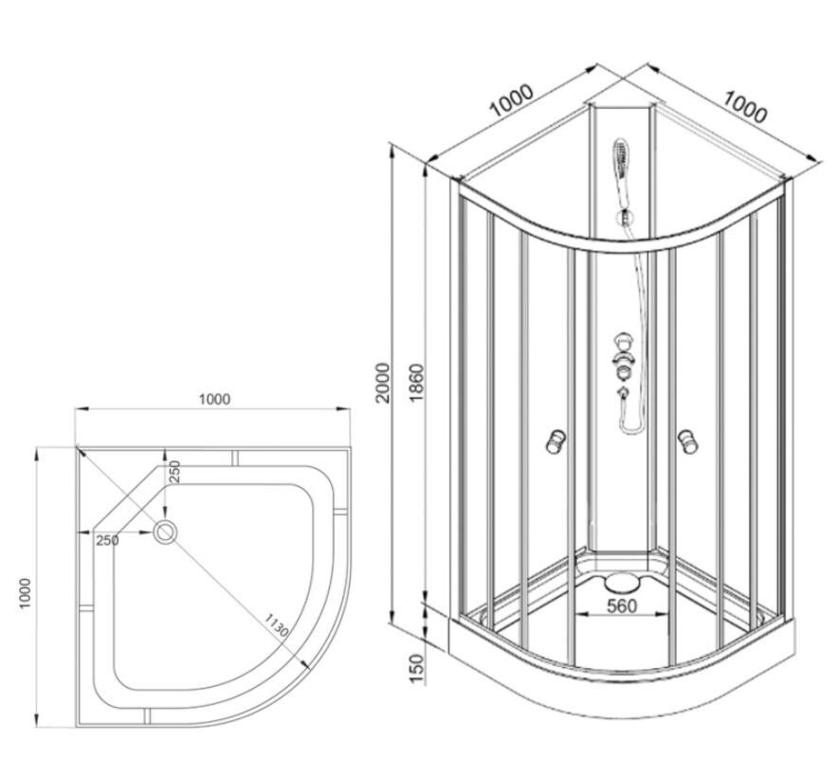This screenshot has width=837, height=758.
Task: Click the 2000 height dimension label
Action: click(x=383, y=383)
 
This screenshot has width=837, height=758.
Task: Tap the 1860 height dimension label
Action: click(x=416, y=383)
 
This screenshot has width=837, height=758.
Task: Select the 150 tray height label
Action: click(x=416, y=668)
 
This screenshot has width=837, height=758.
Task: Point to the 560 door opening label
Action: click(x=623, y=605)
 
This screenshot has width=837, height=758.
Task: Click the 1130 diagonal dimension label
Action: click(x=277, y=625)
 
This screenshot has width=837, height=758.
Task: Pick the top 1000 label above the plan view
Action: click(x=214, y=399)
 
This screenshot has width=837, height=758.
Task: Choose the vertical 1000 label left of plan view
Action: click(x=26, y=592)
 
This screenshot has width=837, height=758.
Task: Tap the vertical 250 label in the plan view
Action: click(x=175, y=472)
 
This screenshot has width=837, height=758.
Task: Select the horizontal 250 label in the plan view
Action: click(x=107, y=540)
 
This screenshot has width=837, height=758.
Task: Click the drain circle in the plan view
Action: click(x=165, y=532)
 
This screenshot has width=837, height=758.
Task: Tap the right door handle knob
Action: click(x=688, y=442)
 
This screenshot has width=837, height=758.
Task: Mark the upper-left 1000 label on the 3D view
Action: click(x=512, y=100)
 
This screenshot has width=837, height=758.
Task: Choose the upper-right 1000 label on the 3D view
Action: click(x=745, y=107)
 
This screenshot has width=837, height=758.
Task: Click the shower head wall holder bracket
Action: click(x=625, y=217)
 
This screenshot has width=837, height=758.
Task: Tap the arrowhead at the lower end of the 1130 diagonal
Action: click(x=306, y=664)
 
